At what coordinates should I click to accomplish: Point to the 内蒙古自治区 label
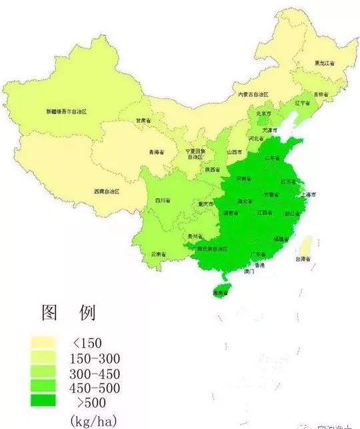coord(253,95)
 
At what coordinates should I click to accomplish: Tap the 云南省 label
coord(159,254)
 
